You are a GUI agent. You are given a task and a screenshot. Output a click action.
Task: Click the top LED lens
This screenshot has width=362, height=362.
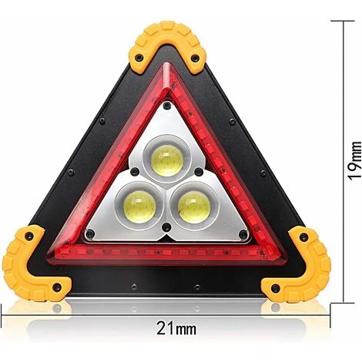pos(167,160)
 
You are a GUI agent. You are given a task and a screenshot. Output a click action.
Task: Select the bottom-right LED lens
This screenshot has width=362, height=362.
pos(194,206)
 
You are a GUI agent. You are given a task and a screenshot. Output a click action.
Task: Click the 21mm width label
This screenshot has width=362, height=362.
pos(176,329)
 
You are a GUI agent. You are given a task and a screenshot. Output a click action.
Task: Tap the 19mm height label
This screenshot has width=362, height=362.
pos(354,161)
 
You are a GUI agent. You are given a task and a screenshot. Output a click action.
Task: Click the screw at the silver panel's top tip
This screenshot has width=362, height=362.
pos(167,105)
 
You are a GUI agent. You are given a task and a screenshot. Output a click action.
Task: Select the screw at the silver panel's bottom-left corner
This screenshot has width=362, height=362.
pos(90,233)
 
